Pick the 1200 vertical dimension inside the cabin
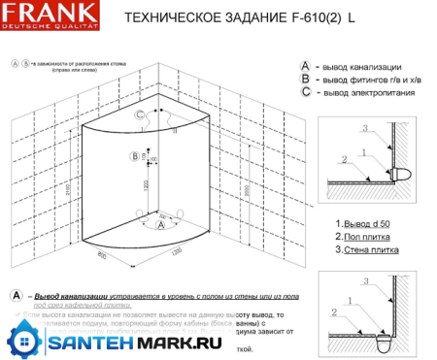coord(147,184)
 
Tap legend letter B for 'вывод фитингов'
coord(306,78)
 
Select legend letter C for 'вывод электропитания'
coord(306,92)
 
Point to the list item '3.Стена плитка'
coord(363,249)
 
